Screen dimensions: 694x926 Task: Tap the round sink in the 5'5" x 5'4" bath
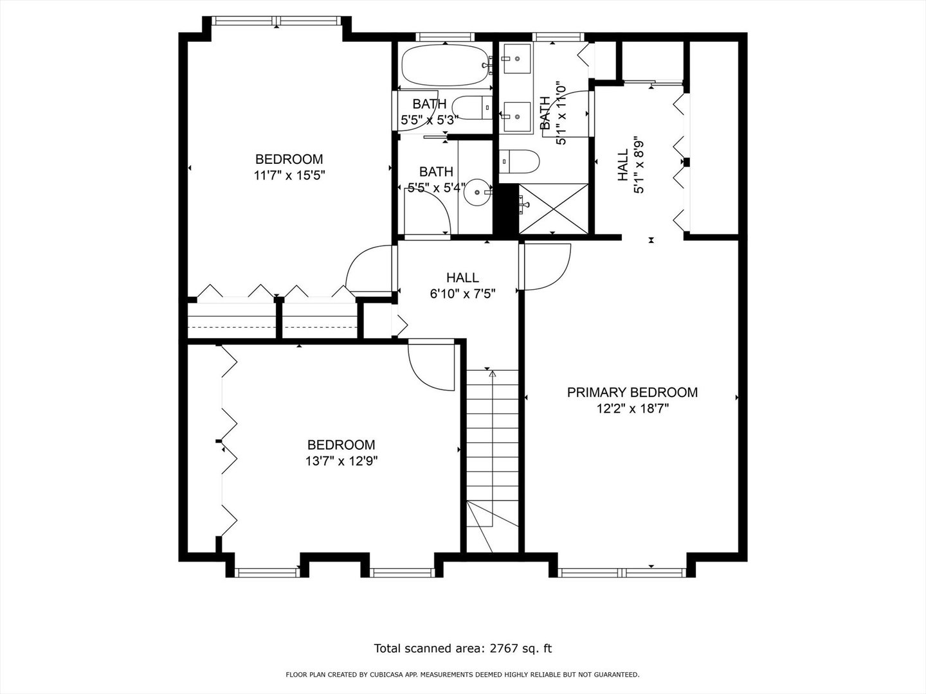pyautogui.click(x=477, y=191)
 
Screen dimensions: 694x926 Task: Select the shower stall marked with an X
pyautogui.click(x=553, y=208)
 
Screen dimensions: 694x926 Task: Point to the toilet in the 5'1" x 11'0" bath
pyautogui.click(x=520, y=161)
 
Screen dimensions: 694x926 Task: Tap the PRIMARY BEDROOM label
pyautogui.click(x=631, y=392)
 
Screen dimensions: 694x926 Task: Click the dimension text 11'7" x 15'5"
pyautogui.click(x=289, y=175)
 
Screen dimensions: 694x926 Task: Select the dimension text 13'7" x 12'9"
pyautogui.click(x=341, y=461)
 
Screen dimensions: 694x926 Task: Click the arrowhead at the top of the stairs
pyautogui.click(x=493, y=373)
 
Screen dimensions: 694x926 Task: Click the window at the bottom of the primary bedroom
pyautogui.click(x=622, y=571)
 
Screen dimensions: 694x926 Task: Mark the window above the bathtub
pyautogui.click(x=444, y=37)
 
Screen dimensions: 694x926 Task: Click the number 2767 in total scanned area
pyautogui.click(x=505, y=648)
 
